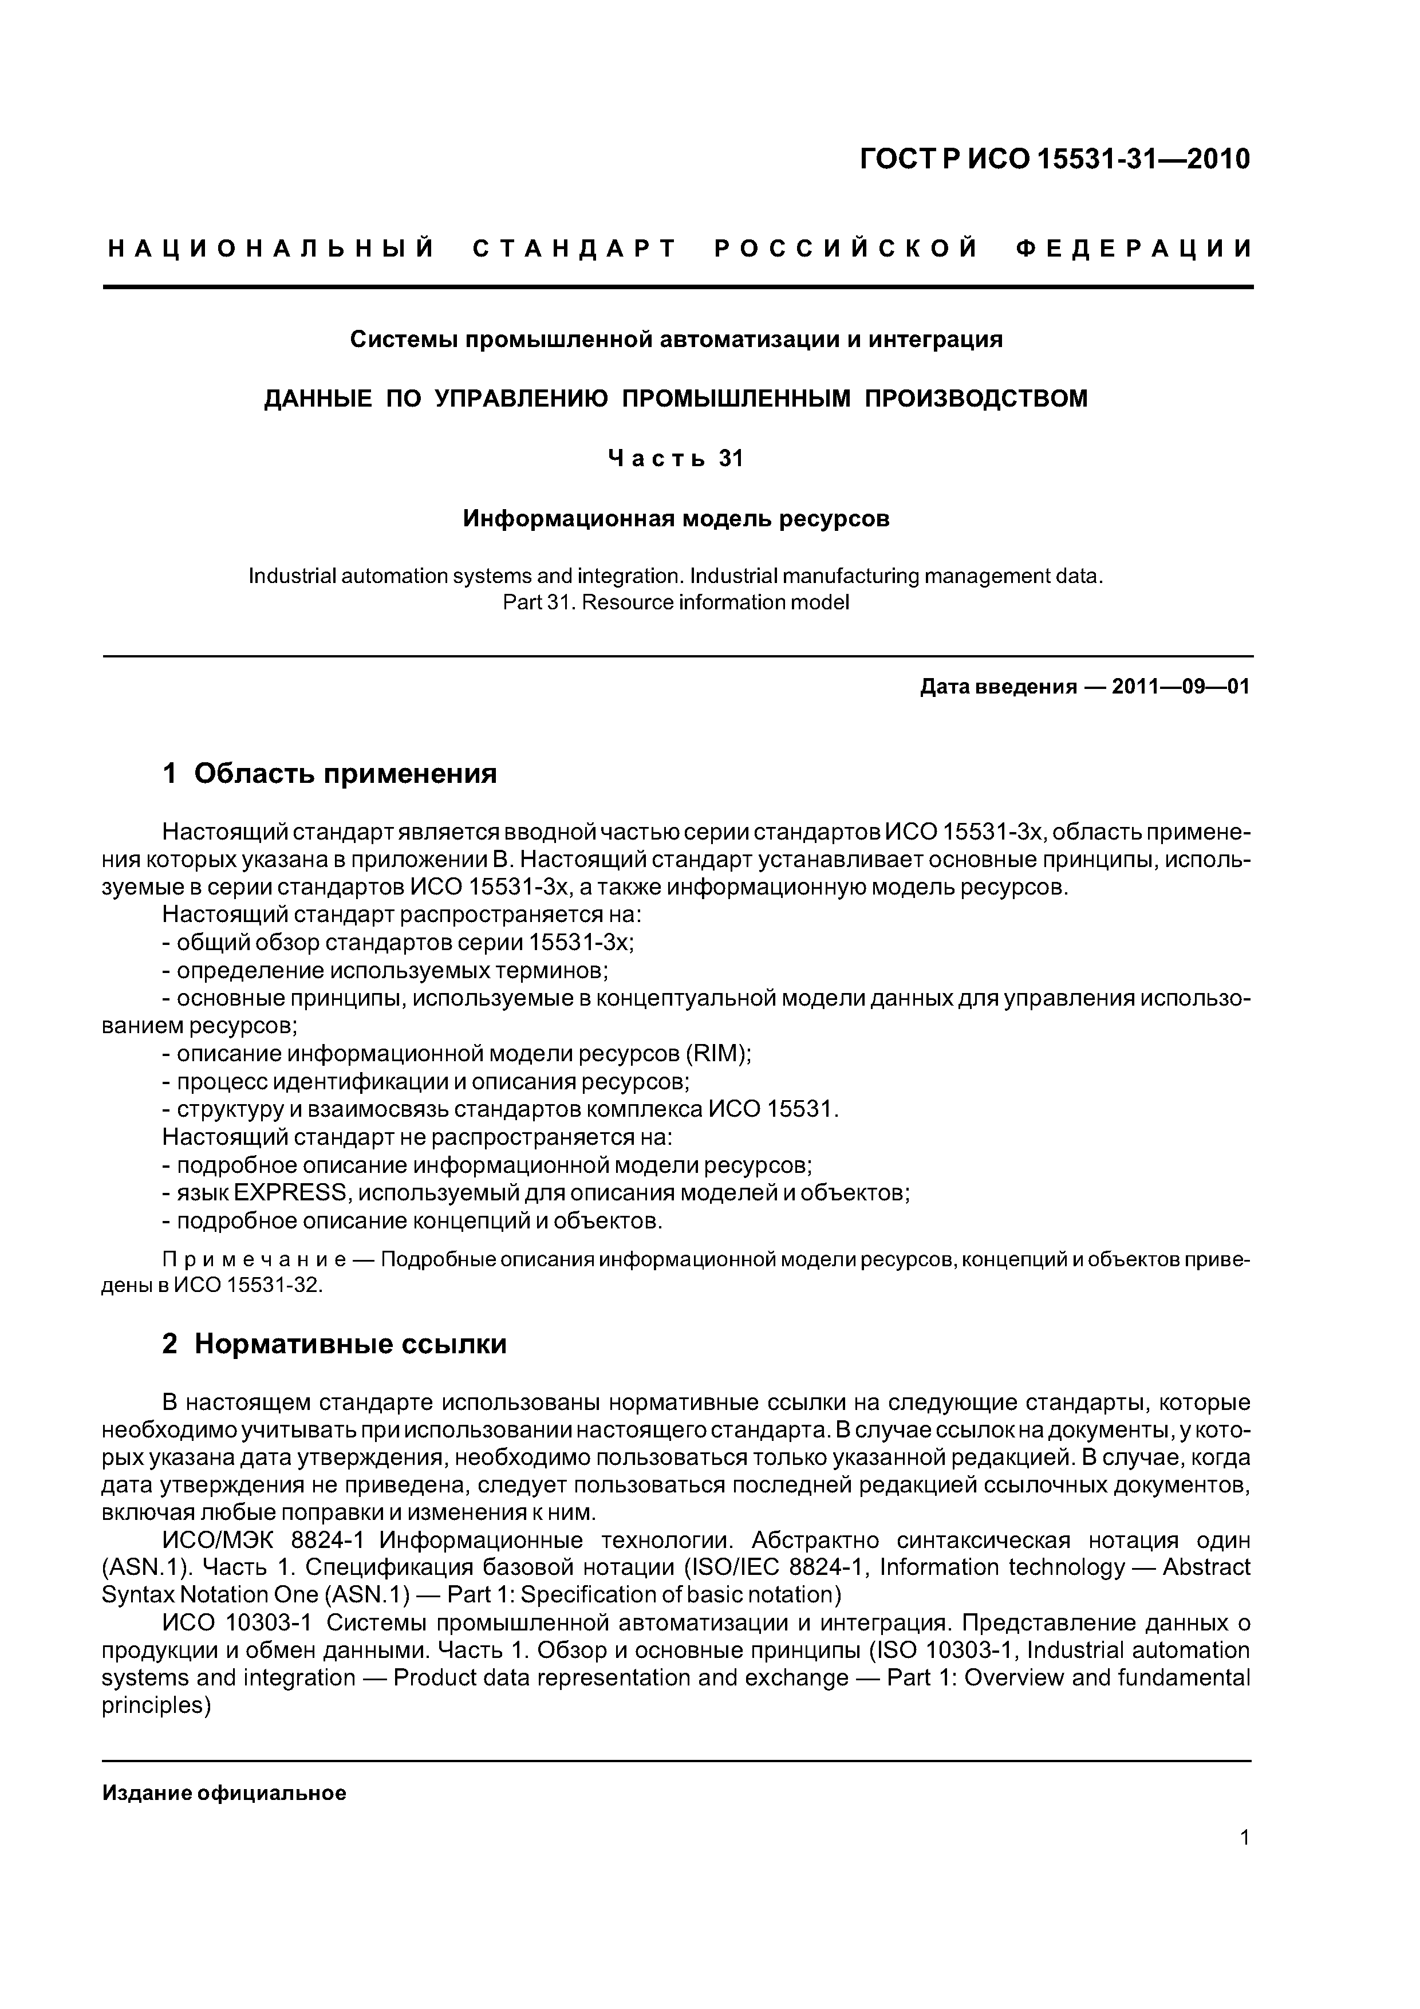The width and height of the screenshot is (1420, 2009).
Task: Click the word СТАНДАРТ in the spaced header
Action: point(575,249)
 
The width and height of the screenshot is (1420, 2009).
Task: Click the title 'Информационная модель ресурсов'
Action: point(676,519)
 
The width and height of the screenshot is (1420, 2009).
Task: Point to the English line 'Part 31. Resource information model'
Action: point(676,603)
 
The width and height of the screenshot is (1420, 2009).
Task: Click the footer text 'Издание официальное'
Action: point(224,1794)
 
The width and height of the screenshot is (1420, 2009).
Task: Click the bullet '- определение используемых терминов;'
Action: point(385,970)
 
